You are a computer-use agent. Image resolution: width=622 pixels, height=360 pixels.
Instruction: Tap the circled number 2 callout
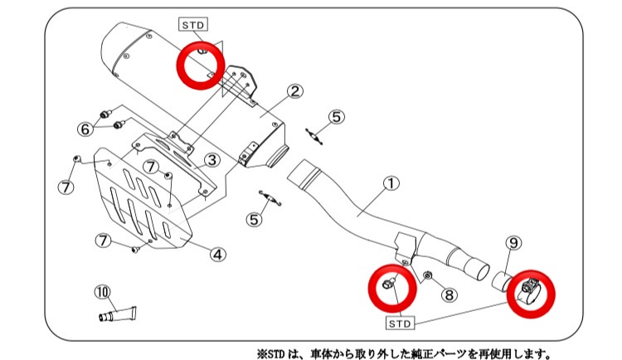pos(296,91)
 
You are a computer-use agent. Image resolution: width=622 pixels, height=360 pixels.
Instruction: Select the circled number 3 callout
pos(211,159)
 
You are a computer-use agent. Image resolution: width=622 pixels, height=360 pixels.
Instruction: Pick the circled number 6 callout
pos(85,129)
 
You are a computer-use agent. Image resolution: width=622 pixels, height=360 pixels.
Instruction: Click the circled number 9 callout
pos(513,243)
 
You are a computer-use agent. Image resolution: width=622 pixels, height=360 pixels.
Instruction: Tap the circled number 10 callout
pos(102,291)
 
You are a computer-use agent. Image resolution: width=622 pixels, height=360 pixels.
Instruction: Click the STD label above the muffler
pos(192,25)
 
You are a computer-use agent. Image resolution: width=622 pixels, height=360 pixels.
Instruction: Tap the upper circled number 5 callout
pos(334,117)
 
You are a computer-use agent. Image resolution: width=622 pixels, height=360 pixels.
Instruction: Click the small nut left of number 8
pos(428,275)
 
